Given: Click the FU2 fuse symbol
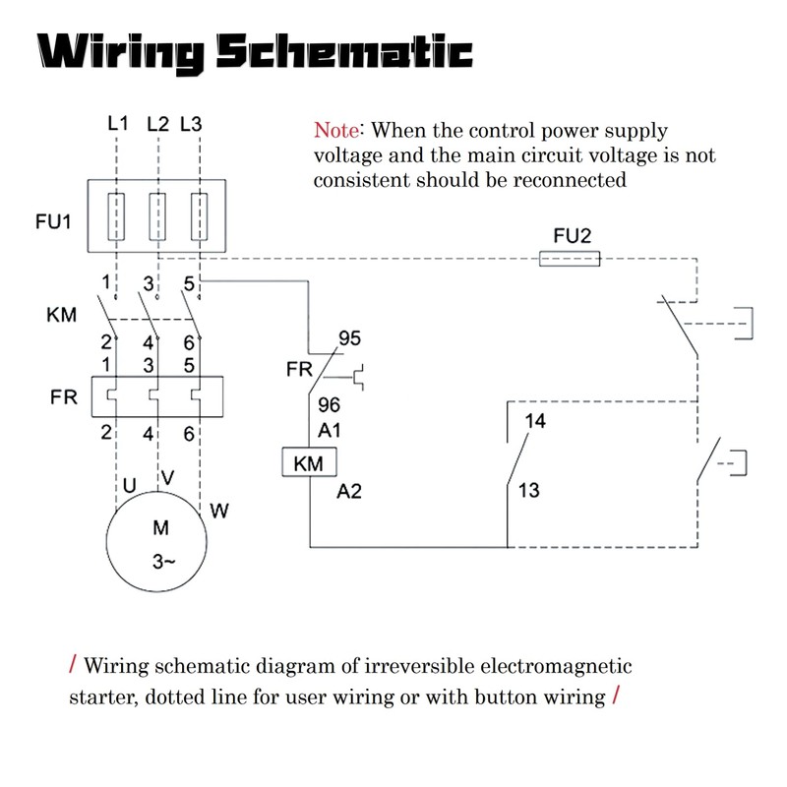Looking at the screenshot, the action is (570, 259).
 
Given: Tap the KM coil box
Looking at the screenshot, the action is (309, 461).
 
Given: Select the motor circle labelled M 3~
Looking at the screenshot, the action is (156, 542).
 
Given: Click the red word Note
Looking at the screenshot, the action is (336, 131).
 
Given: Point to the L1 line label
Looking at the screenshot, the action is (118, 123).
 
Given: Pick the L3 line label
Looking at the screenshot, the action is (191, 124).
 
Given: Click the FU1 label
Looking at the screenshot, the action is (53, 221).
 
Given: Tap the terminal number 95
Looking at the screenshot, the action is (349, 338).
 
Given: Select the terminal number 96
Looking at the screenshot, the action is (329, 404).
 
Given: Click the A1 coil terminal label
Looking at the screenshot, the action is (330, 430).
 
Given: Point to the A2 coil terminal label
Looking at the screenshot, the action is (349, 491).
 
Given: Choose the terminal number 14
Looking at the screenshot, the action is (535, 421).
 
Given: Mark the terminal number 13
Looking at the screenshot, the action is (528, 490).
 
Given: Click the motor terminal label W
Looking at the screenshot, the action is (219, 511).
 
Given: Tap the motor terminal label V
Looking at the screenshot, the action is (168, 477).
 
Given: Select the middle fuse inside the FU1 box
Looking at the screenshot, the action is (157, 216).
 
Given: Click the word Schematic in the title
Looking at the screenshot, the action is (345, 52).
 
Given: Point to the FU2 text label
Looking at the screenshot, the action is (573, 235).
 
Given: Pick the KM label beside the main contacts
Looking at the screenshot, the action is (61, 315).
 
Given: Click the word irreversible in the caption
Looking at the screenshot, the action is (419, 666).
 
